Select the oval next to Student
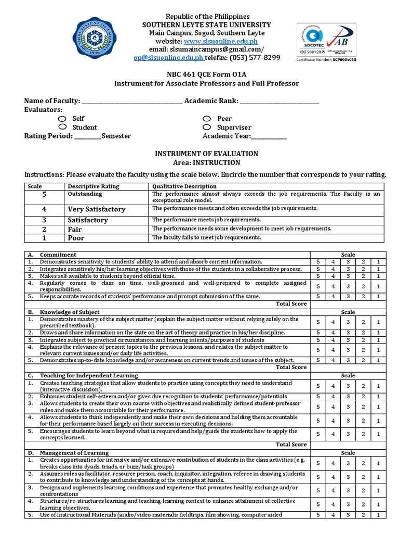click(x=63, y=127)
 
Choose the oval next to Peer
click(x=207, y=119)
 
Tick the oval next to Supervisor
click(x=207, y=127)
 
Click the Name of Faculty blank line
click(x=132, y=101)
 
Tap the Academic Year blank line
click(x=269, y=136)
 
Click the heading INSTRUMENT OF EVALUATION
click(x=207, y=154)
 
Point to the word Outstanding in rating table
click(x=85, y=194)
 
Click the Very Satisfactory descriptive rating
click(x=97, y=209)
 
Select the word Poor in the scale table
click(x=76, y=238)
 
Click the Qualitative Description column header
click(x=177, y=186)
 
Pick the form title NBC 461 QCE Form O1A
click(x=206, y=74)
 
